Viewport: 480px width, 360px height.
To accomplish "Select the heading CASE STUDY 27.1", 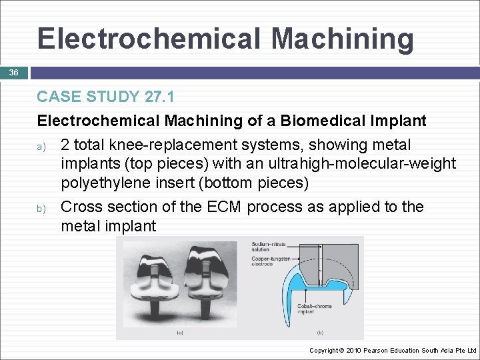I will (x=105, y=97).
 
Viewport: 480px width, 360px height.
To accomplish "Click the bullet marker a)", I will (x=41, y=146).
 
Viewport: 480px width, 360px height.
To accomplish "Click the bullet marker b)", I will (x=41, y=208).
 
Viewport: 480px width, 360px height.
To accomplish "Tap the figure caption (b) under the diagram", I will (x=320, y=332).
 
